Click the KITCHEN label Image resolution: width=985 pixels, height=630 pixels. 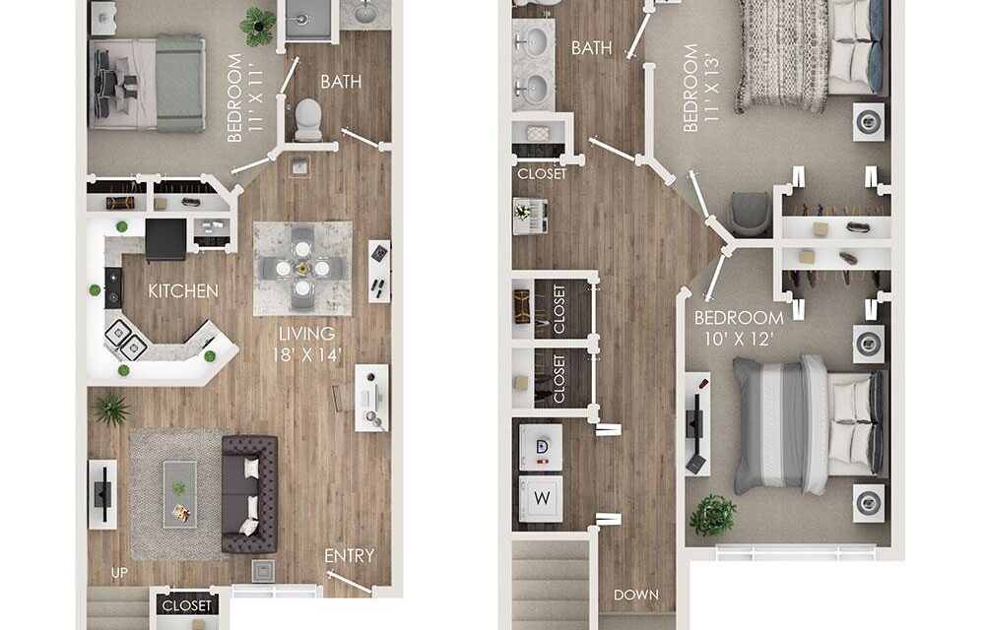point(182,291)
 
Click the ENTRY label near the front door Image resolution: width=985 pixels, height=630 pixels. point(350,556)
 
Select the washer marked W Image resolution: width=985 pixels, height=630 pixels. point(541,498)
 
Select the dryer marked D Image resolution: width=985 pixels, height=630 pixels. point(541,446)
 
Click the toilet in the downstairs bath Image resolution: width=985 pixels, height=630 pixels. point(308,119)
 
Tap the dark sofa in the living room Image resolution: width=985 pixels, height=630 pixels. point(249,492)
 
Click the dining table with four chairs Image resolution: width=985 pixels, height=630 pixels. point(302,267)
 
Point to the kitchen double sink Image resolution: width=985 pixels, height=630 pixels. point(126,339)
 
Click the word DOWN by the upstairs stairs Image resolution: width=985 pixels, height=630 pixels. point(635,596)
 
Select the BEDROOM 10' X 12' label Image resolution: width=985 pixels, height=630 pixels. point(739,327)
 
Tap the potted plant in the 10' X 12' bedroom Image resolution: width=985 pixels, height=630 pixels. point(712,515)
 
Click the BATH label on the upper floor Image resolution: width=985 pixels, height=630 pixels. point(592,48)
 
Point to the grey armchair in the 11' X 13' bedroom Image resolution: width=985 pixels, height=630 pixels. point(750,213)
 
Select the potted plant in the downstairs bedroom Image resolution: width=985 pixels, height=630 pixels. point(258,27)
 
